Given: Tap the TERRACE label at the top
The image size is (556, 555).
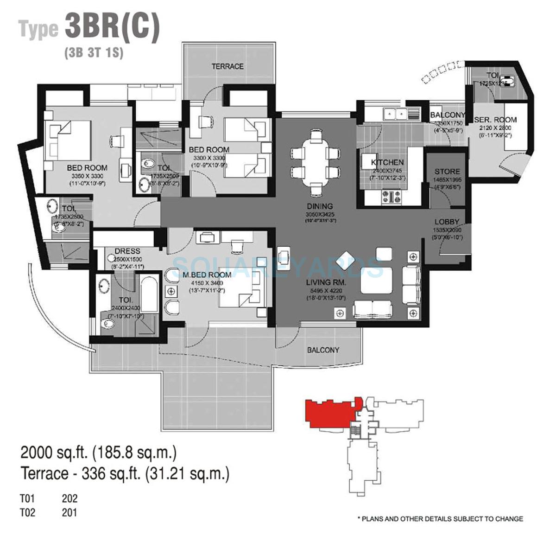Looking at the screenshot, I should (227, 66).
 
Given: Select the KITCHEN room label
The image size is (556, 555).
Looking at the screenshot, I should (387, 162).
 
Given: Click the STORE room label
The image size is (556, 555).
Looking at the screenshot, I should (447, 172).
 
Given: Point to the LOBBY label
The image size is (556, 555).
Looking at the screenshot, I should (447, 222).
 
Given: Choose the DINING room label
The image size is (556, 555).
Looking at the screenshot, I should (319, 206).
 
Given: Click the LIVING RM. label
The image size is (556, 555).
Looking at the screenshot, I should (325, 282).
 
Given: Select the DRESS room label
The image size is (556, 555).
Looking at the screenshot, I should (127, 252).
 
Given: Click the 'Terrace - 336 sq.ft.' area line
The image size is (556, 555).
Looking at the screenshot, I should (125, 474).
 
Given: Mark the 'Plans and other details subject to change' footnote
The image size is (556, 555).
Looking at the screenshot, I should (440, 519).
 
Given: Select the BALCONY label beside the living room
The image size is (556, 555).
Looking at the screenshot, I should (323, 350).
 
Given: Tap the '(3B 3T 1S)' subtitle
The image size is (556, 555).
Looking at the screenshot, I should (94, 53).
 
